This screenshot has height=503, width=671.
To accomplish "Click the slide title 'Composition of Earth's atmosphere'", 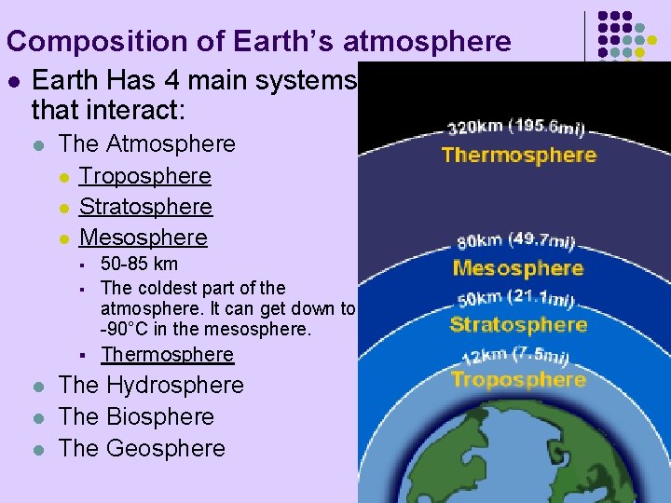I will [258, 41].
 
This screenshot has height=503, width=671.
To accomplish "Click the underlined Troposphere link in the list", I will [144, 175].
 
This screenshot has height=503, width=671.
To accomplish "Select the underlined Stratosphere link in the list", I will [145, 206].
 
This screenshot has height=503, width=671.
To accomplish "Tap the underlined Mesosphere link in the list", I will [143, 237].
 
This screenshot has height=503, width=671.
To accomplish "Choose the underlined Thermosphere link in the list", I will [167, 354].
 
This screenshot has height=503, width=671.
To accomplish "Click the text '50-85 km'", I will [139, 264].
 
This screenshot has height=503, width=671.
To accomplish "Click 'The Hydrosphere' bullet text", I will [150, 385].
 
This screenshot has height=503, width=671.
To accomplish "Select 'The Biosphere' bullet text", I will [136, 416].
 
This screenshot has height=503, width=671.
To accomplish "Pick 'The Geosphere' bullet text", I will [142, 448].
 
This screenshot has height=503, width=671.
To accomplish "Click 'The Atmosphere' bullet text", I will [146, 143].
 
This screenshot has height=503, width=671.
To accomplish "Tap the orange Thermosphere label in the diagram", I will [518, 155].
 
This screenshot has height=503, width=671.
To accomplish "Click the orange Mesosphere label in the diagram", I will [517, 268].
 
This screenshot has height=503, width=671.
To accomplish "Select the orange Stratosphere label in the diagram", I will [518, 324].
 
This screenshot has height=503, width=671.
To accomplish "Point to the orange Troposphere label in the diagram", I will [518, 379].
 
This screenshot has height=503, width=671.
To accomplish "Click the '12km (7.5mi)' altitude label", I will [516, 355].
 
